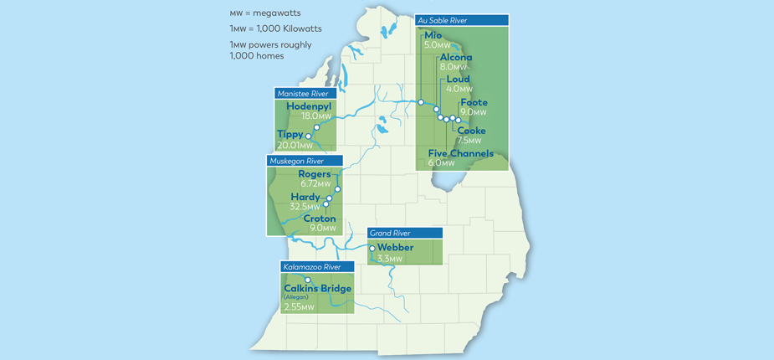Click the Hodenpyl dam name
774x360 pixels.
(x=310, y=107)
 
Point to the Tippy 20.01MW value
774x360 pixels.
(x=295, y=145)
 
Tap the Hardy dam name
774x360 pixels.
(x=305, y=197)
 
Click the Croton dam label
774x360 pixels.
(x=320, y=219)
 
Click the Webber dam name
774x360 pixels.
(x=396, y=248)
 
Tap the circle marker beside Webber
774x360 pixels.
(x=372, y=249)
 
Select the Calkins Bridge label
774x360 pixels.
(x=317, y=289)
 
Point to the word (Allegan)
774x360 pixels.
(x=297, y=298)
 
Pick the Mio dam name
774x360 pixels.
(x=433, y=35)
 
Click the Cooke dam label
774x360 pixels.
(x=471, y=131)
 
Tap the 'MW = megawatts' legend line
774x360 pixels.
(x=264, y=14)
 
